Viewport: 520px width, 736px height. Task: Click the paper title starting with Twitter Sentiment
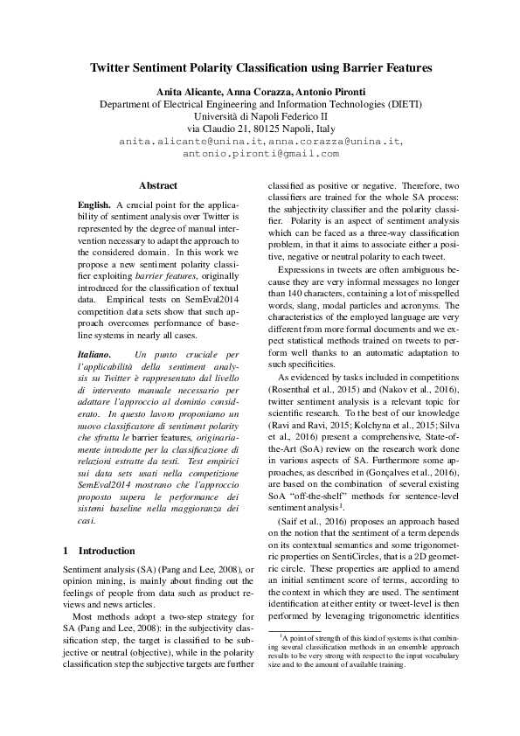click(260, 66)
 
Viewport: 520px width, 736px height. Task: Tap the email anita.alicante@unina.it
click(192, 140)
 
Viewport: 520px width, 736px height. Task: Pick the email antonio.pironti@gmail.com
click(260, 153)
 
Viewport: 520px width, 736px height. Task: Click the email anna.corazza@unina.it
click(335, 140)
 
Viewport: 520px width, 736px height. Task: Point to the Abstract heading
click(158, 185)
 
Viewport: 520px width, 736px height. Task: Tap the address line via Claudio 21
click(260, 128)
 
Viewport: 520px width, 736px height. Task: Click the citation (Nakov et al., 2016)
click(416, 388)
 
